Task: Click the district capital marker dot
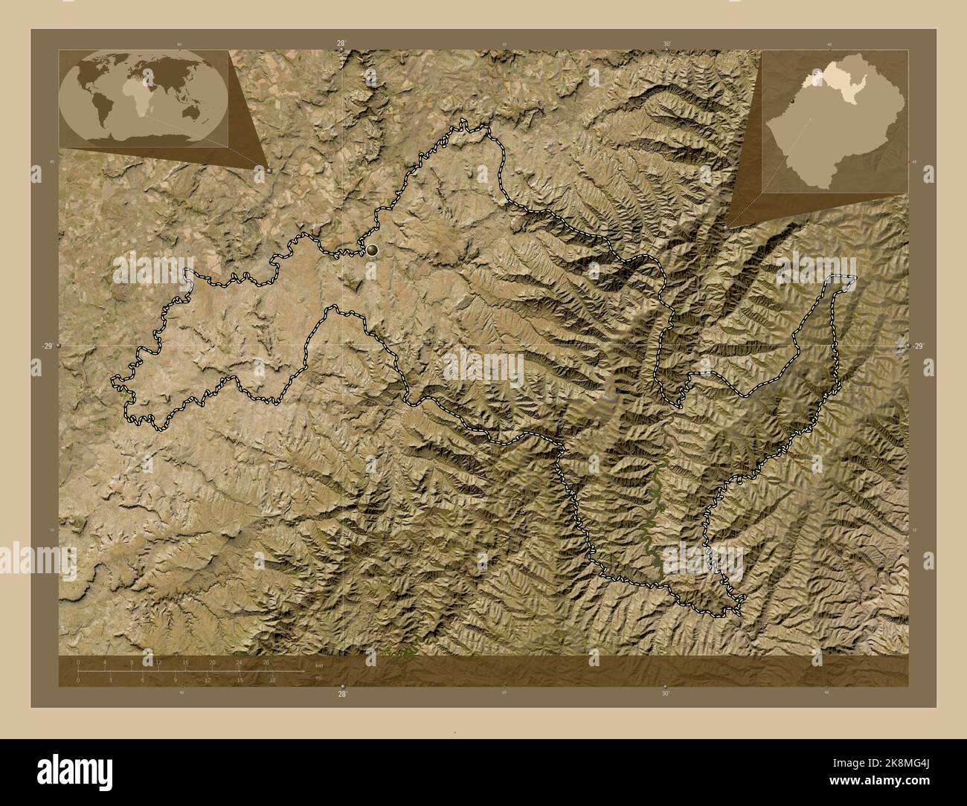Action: tap(371, 251)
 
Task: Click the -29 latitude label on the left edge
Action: tap(47, 346)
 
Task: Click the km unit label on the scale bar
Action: tap(319, 664)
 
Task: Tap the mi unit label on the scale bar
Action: tap(318, 677)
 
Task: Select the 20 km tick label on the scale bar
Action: tap(212, 662)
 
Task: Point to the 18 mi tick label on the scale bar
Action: tap(272, 680)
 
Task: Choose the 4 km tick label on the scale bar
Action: tap(105, 662)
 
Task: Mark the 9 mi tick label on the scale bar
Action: tap(176, 680)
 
